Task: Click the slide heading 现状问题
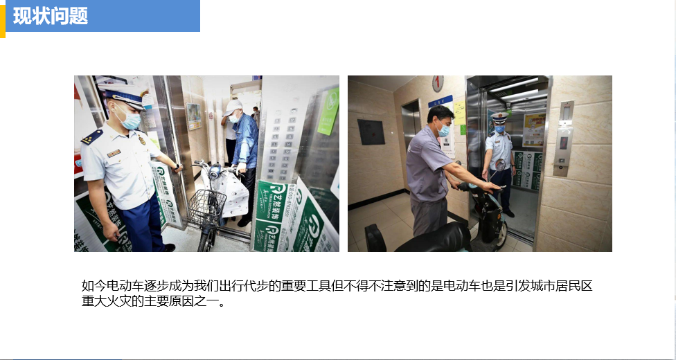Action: coord(51,16)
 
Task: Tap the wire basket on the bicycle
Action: coord(207,208)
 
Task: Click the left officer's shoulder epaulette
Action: coord(92,136)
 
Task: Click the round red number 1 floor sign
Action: coord(438,83)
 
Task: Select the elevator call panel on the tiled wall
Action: coord(564,138)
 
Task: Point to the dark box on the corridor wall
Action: coord(371,132)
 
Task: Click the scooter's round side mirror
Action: coord(499,165)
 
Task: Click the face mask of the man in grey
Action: coord(443,129)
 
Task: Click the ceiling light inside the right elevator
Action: coord(515,84)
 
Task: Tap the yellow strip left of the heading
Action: coord(3,21)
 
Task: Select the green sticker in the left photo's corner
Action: coord(328,111)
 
